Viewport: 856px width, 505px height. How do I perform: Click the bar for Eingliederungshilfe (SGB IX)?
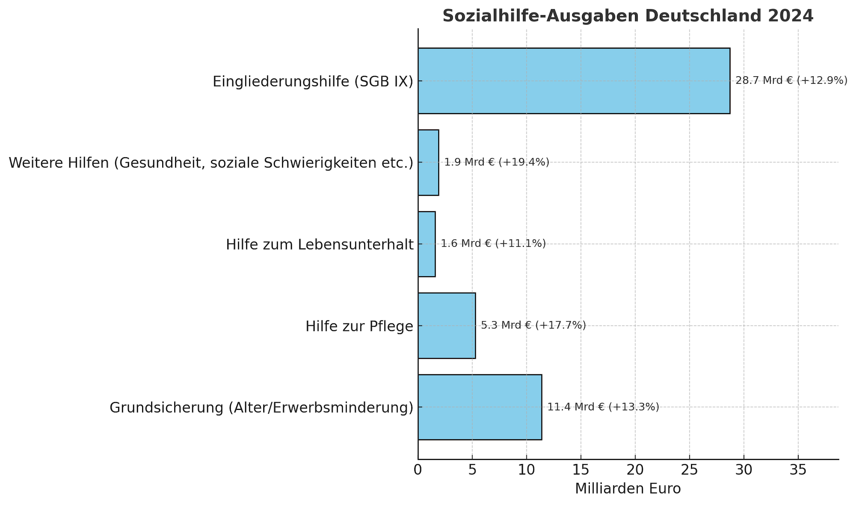[x=574, y=81]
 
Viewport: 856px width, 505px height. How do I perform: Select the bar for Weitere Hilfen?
[x=428, y=162]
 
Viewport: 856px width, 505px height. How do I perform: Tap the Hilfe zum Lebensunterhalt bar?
[x=426, y=244]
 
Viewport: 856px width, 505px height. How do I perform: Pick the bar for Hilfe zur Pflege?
[x=446, y=326]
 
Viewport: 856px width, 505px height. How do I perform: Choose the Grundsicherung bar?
[x=479, y=407]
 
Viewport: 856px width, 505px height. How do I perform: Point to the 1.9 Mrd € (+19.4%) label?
[x=496, y=162]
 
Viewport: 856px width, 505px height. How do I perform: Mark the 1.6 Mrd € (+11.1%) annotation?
[x=493, y=244]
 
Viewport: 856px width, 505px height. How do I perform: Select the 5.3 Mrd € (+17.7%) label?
[x=533, y=326]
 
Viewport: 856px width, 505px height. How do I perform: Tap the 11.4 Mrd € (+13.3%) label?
[x=603, y=407]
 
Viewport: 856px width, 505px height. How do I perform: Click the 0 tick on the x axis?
[x=418, y=470]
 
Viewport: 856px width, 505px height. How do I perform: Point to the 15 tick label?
[x=581, y=470]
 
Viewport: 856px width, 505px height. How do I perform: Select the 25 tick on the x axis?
[x=690, y=470]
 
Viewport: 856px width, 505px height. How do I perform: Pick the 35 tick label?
[x=798, y=470]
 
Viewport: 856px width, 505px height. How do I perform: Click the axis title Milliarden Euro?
[x=627, y=489]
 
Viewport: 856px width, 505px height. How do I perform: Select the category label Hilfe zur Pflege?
[x=359, y=326]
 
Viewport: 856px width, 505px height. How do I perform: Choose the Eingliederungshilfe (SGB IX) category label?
[x=313, y=81]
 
